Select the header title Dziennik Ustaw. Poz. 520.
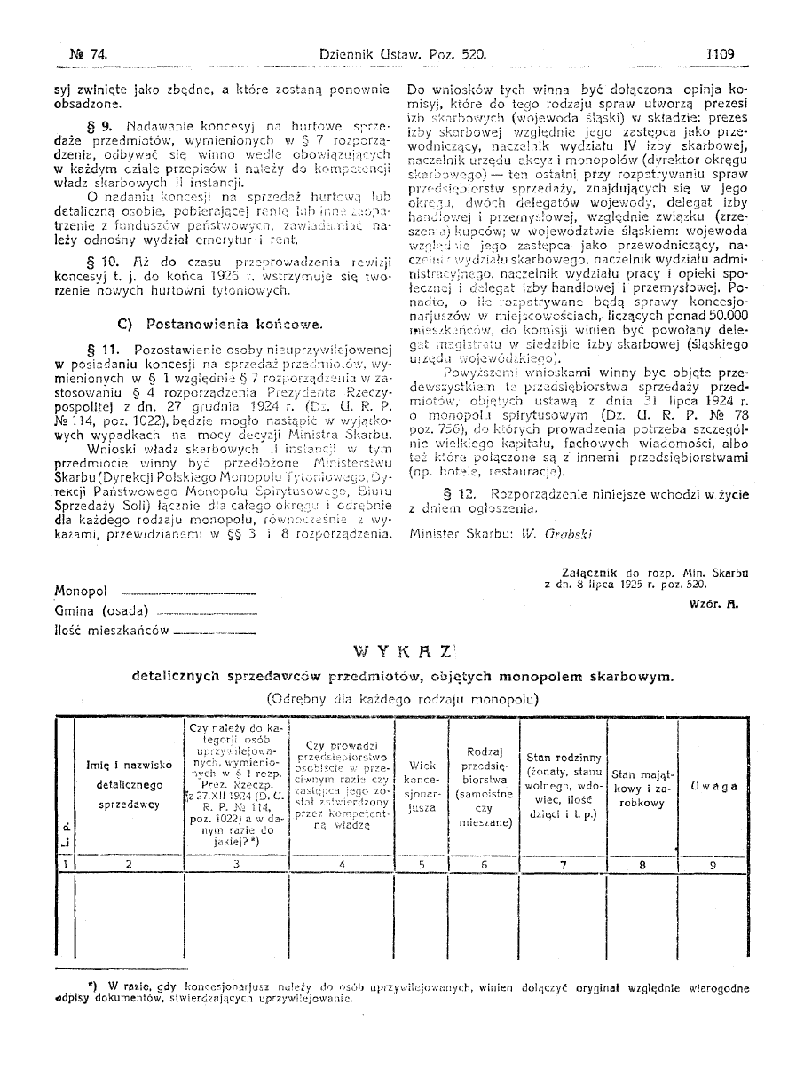[x=403, y=54]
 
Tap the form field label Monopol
[x=81, y=591]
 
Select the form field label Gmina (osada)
[x=101, y=610]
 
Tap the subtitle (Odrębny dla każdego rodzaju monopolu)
[x=402, y=697]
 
